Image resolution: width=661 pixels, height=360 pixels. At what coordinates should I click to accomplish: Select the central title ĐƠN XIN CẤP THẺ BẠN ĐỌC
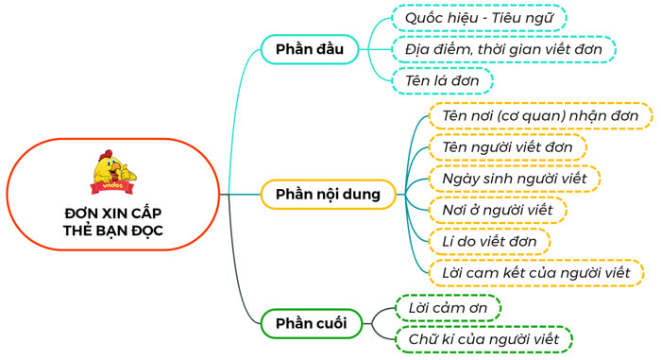[x=113, y=223]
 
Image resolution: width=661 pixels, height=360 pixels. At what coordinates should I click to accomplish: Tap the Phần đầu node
[x=302, y=49]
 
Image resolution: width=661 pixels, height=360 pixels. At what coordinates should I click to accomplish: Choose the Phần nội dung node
[x=328, y=195]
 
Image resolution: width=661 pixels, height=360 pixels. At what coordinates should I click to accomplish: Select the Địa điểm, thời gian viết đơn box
[x=503, y=49]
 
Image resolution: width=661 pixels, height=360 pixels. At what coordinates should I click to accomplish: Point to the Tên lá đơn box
[x=442, y=81]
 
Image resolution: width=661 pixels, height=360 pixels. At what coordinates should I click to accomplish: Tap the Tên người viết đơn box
[x=507, y=147]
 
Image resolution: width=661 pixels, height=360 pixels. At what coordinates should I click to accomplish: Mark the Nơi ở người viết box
[x=497, y=209]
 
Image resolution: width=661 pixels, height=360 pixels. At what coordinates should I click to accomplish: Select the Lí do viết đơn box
[x=489, y=241]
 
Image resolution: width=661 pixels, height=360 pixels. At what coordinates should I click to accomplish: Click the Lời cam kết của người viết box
[x=535, y=272]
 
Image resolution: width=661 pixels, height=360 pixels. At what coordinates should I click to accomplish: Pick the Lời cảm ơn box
[x=447, y=308]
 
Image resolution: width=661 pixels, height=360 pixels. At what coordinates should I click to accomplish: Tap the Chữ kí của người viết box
[x=483, y=338]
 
